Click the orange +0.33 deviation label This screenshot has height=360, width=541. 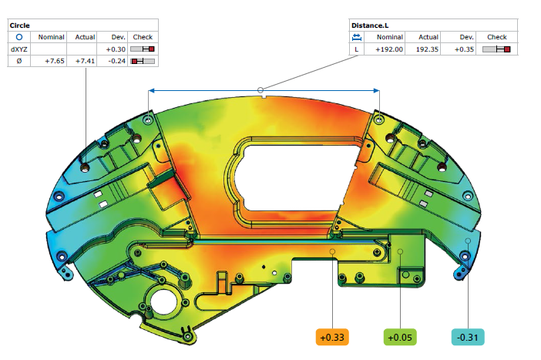(x=332, y=337)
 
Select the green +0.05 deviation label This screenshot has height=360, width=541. (x=400, y=337)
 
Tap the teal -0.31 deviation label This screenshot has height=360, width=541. (x=468, y=337)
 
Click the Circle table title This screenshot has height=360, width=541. (x=20, y=25)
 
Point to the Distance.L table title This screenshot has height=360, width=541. (x=370, y=25)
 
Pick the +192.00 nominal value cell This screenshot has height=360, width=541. (x=389, y=49)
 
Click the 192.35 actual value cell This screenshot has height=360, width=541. (x=427, y=49)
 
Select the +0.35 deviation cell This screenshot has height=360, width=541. (x=464, y=49)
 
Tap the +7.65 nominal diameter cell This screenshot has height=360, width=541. (x=55, y=61)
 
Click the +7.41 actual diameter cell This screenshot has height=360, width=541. (x=85, y=61)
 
